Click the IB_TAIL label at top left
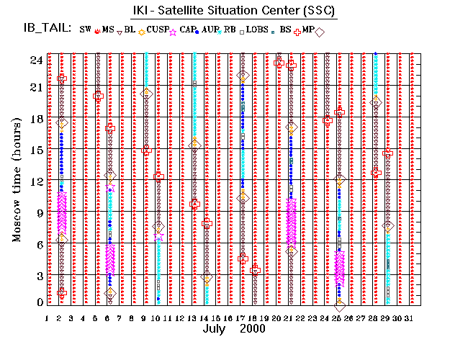45,30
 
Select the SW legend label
86,30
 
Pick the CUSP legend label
160,30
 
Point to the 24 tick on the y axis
36,60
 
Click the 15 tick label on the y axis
36,150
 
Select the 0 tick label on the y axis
40,302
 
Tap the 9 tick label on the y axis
40,212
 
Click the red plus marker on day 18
255,269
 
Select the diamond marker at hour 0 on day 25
339,305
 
